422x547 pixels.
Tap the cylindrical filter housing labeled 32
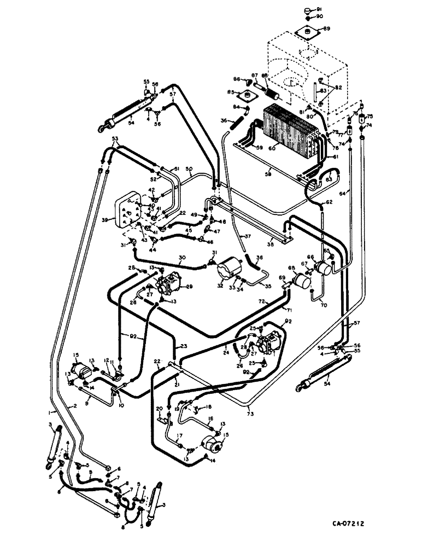(230, 271)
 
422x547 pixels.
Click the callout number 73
(250, 408)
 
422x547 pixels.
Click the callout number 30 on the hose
(181, 256)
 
